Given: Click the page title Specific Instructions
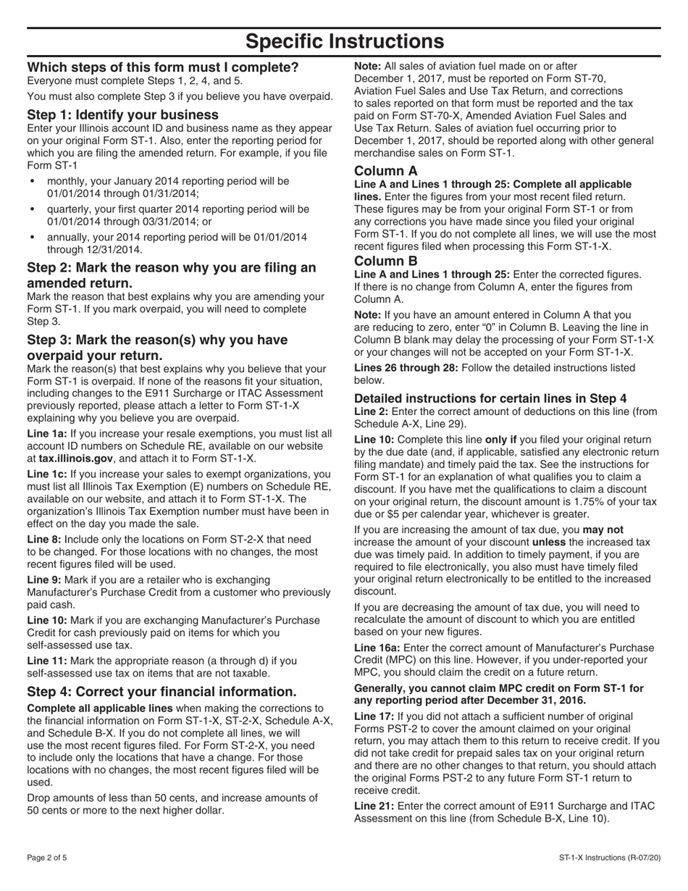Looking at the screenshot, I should (344, 41).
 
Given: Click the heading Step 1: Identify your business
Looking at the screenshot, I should (122, 114).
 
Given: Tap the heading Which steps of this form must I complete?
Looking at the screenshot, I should (162, 67).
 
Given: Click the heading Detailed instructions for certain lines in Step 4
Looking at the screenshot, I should (490, 398).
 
